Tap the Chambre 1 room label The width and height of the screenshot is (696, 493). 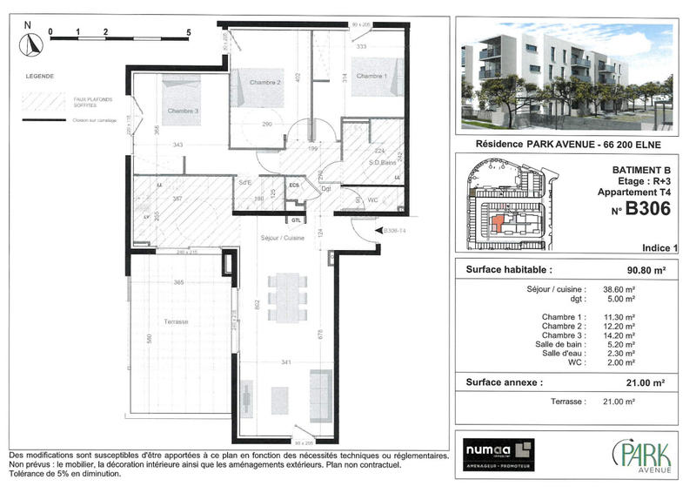pos(371,77)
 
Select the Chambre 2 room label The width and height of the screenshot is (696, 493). pos(264,82)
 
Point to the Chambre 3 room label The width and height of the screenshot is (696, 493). pos(184,111)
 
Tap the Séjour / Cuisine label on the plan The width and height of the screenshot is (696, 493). pos(282,238)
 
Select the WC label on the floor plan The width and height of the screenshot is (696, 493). pos(373,199)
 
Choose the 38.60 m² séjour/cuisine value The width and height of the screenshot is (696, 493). pos(619,288)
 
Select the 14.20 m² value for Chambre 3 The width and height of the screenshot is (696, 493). pos(619,335)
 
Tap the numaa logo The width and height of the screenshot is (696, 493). pos(498,455)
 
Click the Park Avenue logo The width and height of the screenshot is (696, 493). pos(641,456)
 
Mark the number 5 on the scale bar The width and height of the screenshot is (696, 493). pos(188,30)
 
